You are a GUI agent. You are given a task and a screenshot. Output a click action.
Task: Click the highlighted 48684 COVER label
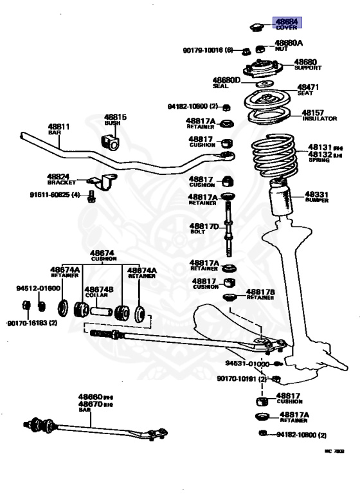(289, 24)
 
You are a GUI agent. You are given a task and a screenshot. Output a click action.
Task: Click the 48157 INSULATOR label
(319, 114)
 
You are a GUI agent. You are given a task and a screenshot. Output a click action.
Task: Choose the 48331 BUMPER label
(317, 196)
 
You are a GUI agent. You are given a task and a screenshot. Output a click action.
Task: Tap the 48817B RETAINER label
(260, 294)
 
